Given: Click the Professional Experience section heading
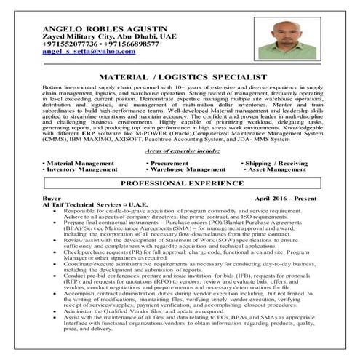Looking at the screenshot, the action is pos(180,184).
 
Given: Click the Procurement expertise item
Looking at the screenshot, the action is pos(172,164).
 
